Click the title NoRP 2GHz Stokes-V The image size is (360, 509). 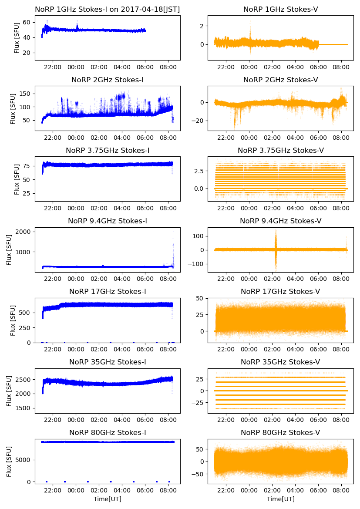pyautogui.click(x=280, y=80)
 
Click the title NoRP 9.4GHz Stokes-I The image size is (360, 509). pyautogui.click(x=108, y=221)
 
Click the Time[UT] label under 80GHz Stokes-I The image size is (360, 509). pyautogui.click(x=108, y=499)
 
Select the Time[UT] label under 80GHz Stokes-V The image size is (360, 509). pyautogui.click(x=280, y=499)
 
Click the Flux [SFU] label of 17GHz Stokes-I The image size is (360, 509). pyautogui.click(x=13, y=320)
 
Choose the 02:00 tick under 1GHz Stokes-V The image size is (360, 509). pyautogui.click(x=272, y=67)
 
